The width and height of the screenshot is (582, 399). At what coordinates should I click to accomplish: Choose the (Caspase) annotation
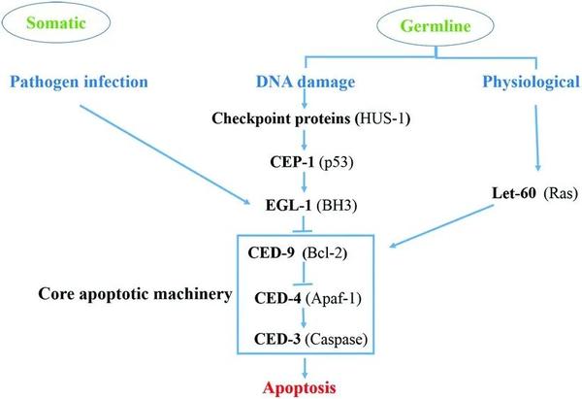point(339,341)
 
